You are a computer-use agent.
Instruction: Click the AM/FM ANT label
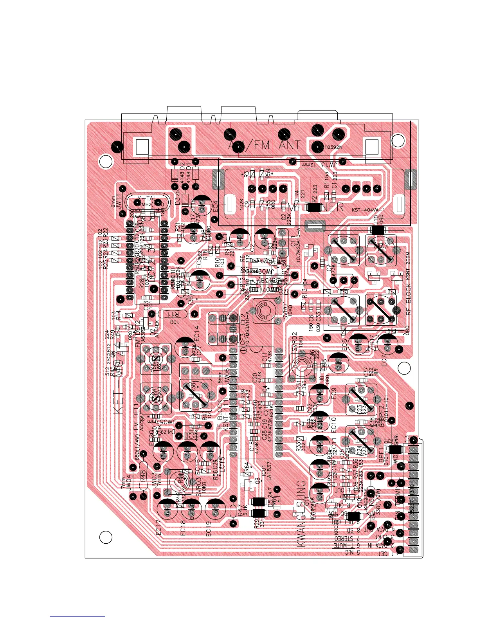click(265, 145)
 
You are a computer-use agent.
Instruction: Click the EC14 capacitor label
click(197, 333)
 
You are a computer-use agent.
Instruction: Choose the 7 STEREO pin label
click(346, 540)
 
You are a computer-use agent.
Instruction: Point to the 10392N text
click(333, 148)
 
